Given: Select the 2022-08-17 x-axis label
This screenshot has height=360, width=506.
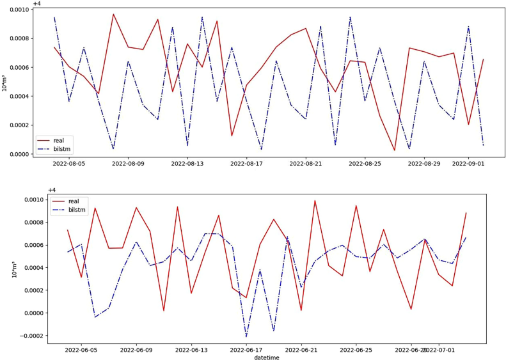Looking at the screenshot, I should [x=247, y=164].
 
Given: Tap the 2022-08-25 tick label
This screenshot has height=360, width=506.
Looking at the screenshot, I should [x=365, y=164].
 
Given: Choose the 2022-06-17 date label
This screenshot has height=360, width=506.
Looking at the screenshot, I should [x=246, y=350].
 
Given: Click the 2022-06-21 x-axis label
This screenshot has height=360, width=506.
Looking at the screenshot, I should [x=301, y=350].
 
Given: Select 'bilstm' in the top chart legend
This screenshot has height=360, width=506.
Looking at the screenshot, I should [x=63, y=148].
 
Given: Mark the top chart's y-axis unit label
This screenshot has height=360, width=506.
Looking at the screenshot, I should [x=5, y=82].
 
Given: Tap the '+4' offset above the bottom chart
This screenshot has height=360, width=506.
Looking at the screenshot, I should [x=52, y=190].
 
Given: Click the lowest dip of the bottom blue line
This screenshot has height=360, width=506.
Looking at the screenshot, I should [x=246, y=337].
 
